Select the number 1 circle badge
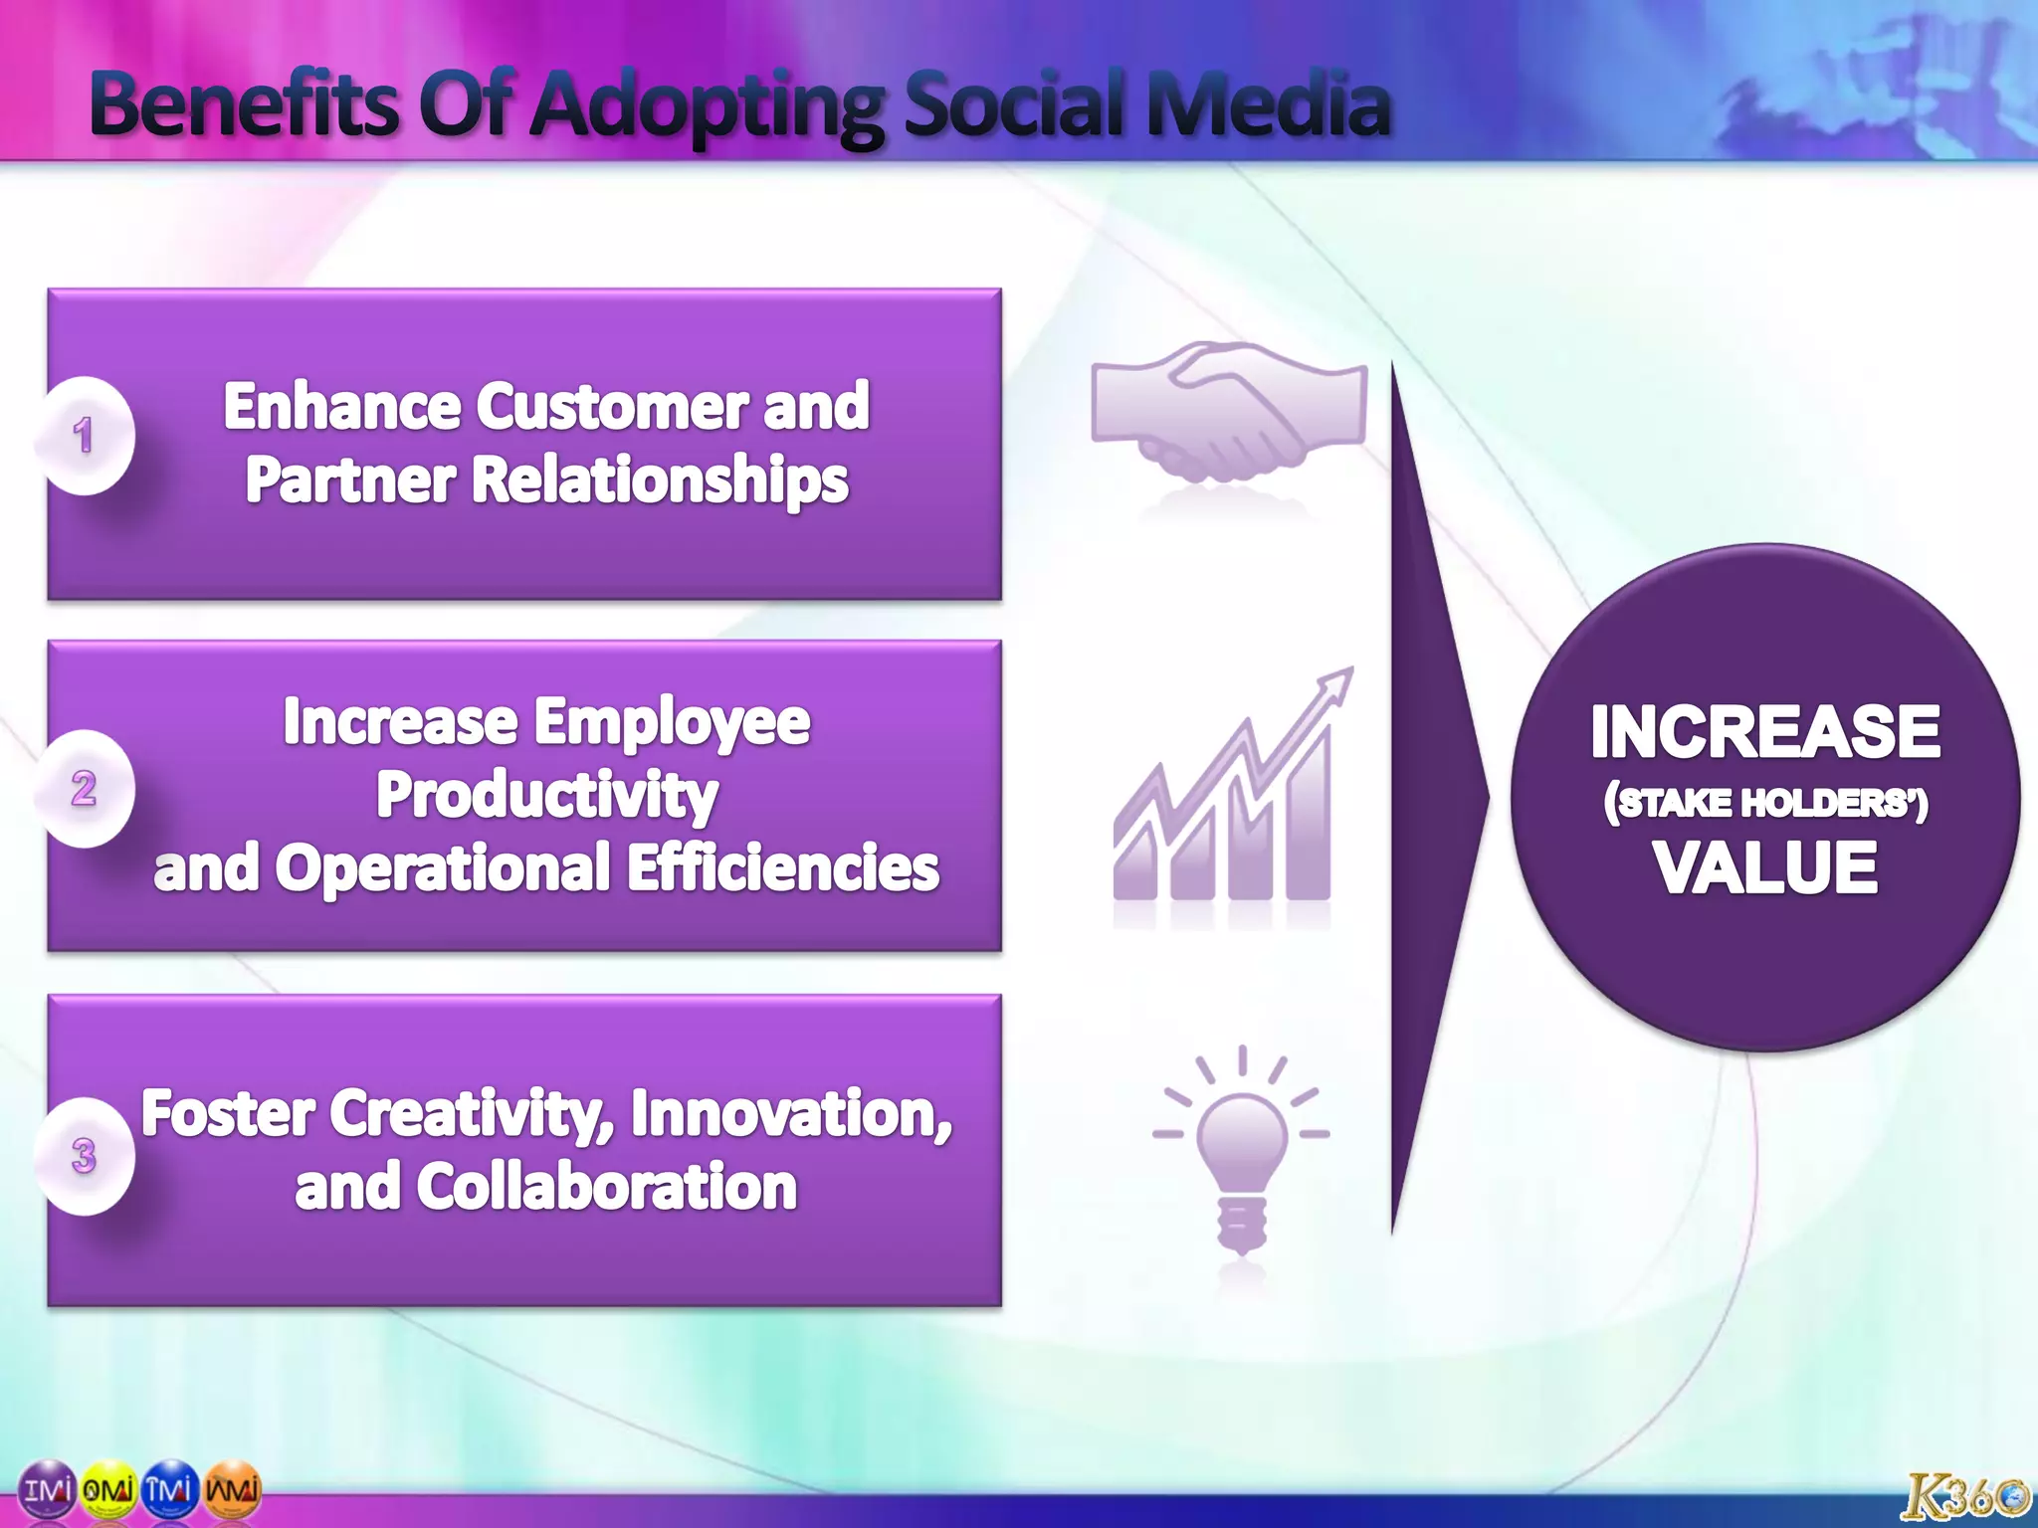(85, 436)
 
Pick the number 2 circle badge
(85, 789)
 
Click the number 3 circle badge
(85, 1156)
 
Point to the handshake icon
(1229, 410)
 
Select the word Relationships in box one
(660, 480)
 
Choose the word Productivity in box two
(546, 796)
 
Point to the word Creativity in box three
(473, 1113)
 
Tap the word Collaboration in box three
(606, 1187)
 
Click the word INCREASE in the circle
(1765, 732)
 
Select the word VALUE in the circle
(1765, 867)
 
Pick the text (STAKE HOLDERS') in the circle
(1765, 803)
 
